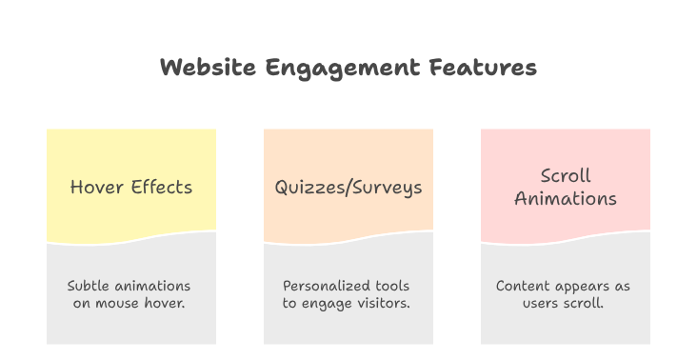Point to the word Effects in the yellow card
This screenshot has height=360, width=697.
pyautogui.click(x=161, y=187)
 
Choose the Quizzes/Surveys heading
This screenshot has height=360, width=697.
pyautogui.click(x=348, y=188)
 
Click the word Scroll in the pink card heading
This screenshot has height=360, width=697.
pyautogui.click(x=566, y=176)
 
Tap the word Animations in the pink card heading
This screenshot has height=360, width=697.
pyautogui.click(x=566, y=199)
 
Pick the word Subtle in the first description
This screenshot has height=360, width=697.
pyautogui.click(x=89, y=286)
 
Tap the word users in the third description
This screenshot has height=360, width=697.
pyautogui.click(x=542, y=303)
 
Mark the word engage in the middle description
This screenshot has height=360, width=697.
pyautogui.click(x=325, y=303)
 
